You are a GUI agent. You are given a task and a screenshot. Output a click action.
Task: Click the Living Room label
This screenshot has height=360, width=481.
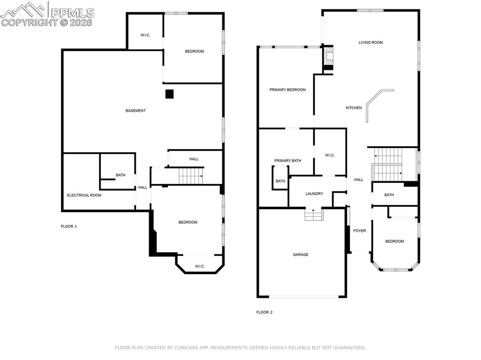(x=371, y=43)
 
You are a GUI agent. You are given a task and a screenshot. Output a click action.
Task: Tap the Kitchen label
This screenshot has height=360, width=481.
(x=354, y=108)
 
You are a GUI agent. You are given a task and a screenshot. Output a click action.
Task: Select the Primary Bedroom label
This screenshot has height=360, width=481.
(x=287, y=90)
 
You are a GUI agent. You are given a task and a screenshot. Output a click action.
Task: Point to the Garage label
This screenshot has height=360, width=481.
(x=301, y=255)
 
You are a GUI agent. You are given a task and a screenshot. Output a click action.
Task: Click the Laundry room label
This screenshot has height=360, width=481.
(x=314, y=194)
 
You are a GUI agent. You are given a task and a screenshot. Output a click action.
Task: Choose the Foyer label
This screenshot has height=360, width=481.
(x=359, y=231)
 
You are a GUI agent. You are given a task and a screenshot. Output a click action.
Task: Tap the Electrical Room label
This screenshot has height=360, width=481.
(x=84, y=195)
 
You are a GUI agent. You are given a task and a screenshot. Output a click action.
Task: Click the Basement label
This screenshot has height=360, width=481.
(x=135, y=111)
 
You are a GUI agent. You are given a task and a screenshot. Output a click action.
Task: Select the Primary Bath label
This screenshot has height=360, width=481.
(x=287, y=161)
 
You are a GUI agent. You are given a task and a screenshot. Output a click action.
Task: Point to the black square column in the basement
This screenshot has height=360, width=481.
(x=169, y=94)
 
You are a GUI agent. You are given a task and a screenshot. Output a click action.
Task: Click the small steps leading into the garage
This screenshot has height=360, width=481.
(x=313, y=215)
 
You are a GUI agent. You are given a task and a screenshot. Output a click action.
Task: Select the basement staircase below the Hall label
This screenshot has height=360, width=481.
(x=190, y=176)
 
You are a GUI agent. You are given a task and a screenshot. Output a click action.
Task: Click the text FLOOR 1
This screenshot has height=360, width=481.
(x=69, y=226)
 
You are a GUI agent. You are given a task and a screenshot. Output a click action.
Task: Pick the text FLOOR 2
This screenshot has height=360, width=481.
(x=264, y=312)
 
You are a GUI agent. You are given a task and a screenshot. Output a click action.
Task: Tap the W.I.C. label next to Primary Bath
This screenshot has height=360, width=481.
(x=330, y=155)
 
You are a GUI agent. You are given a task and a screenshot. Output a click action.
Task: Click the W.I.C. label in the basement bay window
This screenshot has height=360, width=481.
(x=200, y=267)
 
